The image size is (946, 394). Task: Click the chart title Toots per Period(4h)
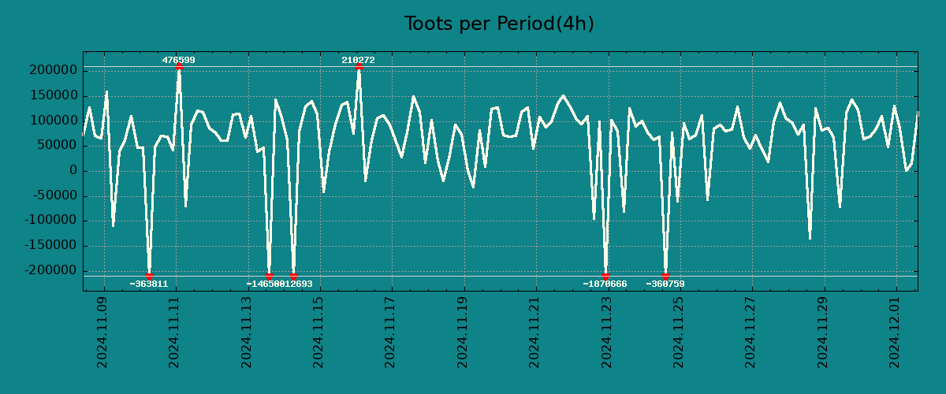tap(499, 24)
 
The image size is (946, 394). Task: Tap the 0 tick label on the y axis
tap(73, 170)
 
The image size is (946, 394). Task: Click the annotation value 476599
tap(179, 60)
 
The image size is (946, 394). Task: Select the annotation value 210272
tap(358, 60)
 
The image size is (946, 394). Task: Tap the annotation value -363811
tap(149, 284)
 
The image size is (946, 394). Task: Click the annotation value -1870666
tap(605, 284)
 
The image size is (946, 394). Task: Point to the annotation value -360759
tap(665, 284)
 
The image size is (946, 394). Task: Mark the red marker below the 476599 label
tap(179, 67)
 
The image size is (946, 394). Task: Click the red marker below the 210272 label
tap(359, 67)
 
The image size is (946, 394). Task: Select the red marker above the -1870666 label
tap(605, 276)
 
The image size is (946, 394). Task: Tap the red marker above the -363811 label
tap(149, 276)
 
